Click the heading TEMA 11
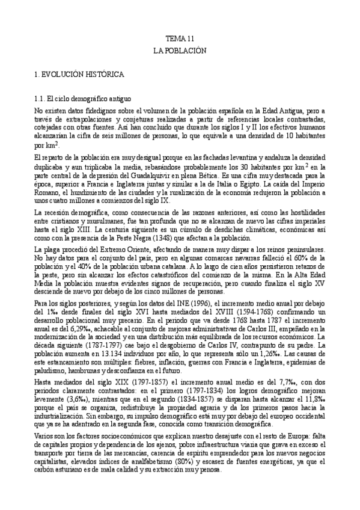180,38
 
